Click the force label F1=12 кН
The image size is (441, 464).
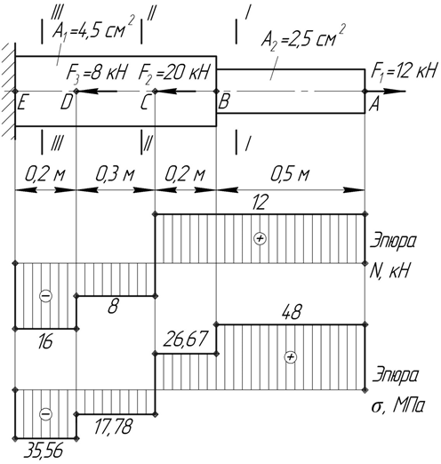click(x=404, y=71)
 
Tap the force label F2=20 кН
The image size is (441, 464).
click(x=174, y=72)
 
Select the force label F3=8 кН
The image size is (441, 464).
click(x=96, y=72)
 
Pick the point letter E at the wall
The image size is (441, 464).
click(x=21, y=103)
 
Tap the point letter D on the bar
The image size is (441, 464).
click(x=66, y=103)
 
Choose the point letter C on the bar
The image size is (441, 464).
click(x=144, y=103)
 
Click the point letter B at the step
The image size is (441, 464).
click(x=224, y=102)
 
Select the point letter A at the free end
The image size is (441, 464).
click(x=374, y=105)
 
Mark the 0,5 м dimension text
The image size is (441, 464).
click(x=290, y=174)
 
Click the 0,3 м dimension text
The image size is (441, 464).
click(x=115, y=174)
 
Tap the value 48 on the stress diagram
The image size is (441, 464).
click(x=292, y=313)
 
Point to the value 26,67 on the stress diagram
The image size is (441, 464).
click(x=184, y=340)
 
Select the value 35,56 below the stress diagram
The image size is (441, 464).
click(x=44, y=452)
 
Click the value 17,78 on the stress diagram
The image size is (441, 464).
click(x=113, y=427)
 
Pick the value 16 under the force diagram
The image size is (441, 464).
click(x=45, y=341)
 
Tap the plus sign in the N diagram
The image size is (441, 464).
click(x=260, y=238)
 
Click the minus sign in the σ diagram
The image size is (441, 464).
click(x=45, y=413)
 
